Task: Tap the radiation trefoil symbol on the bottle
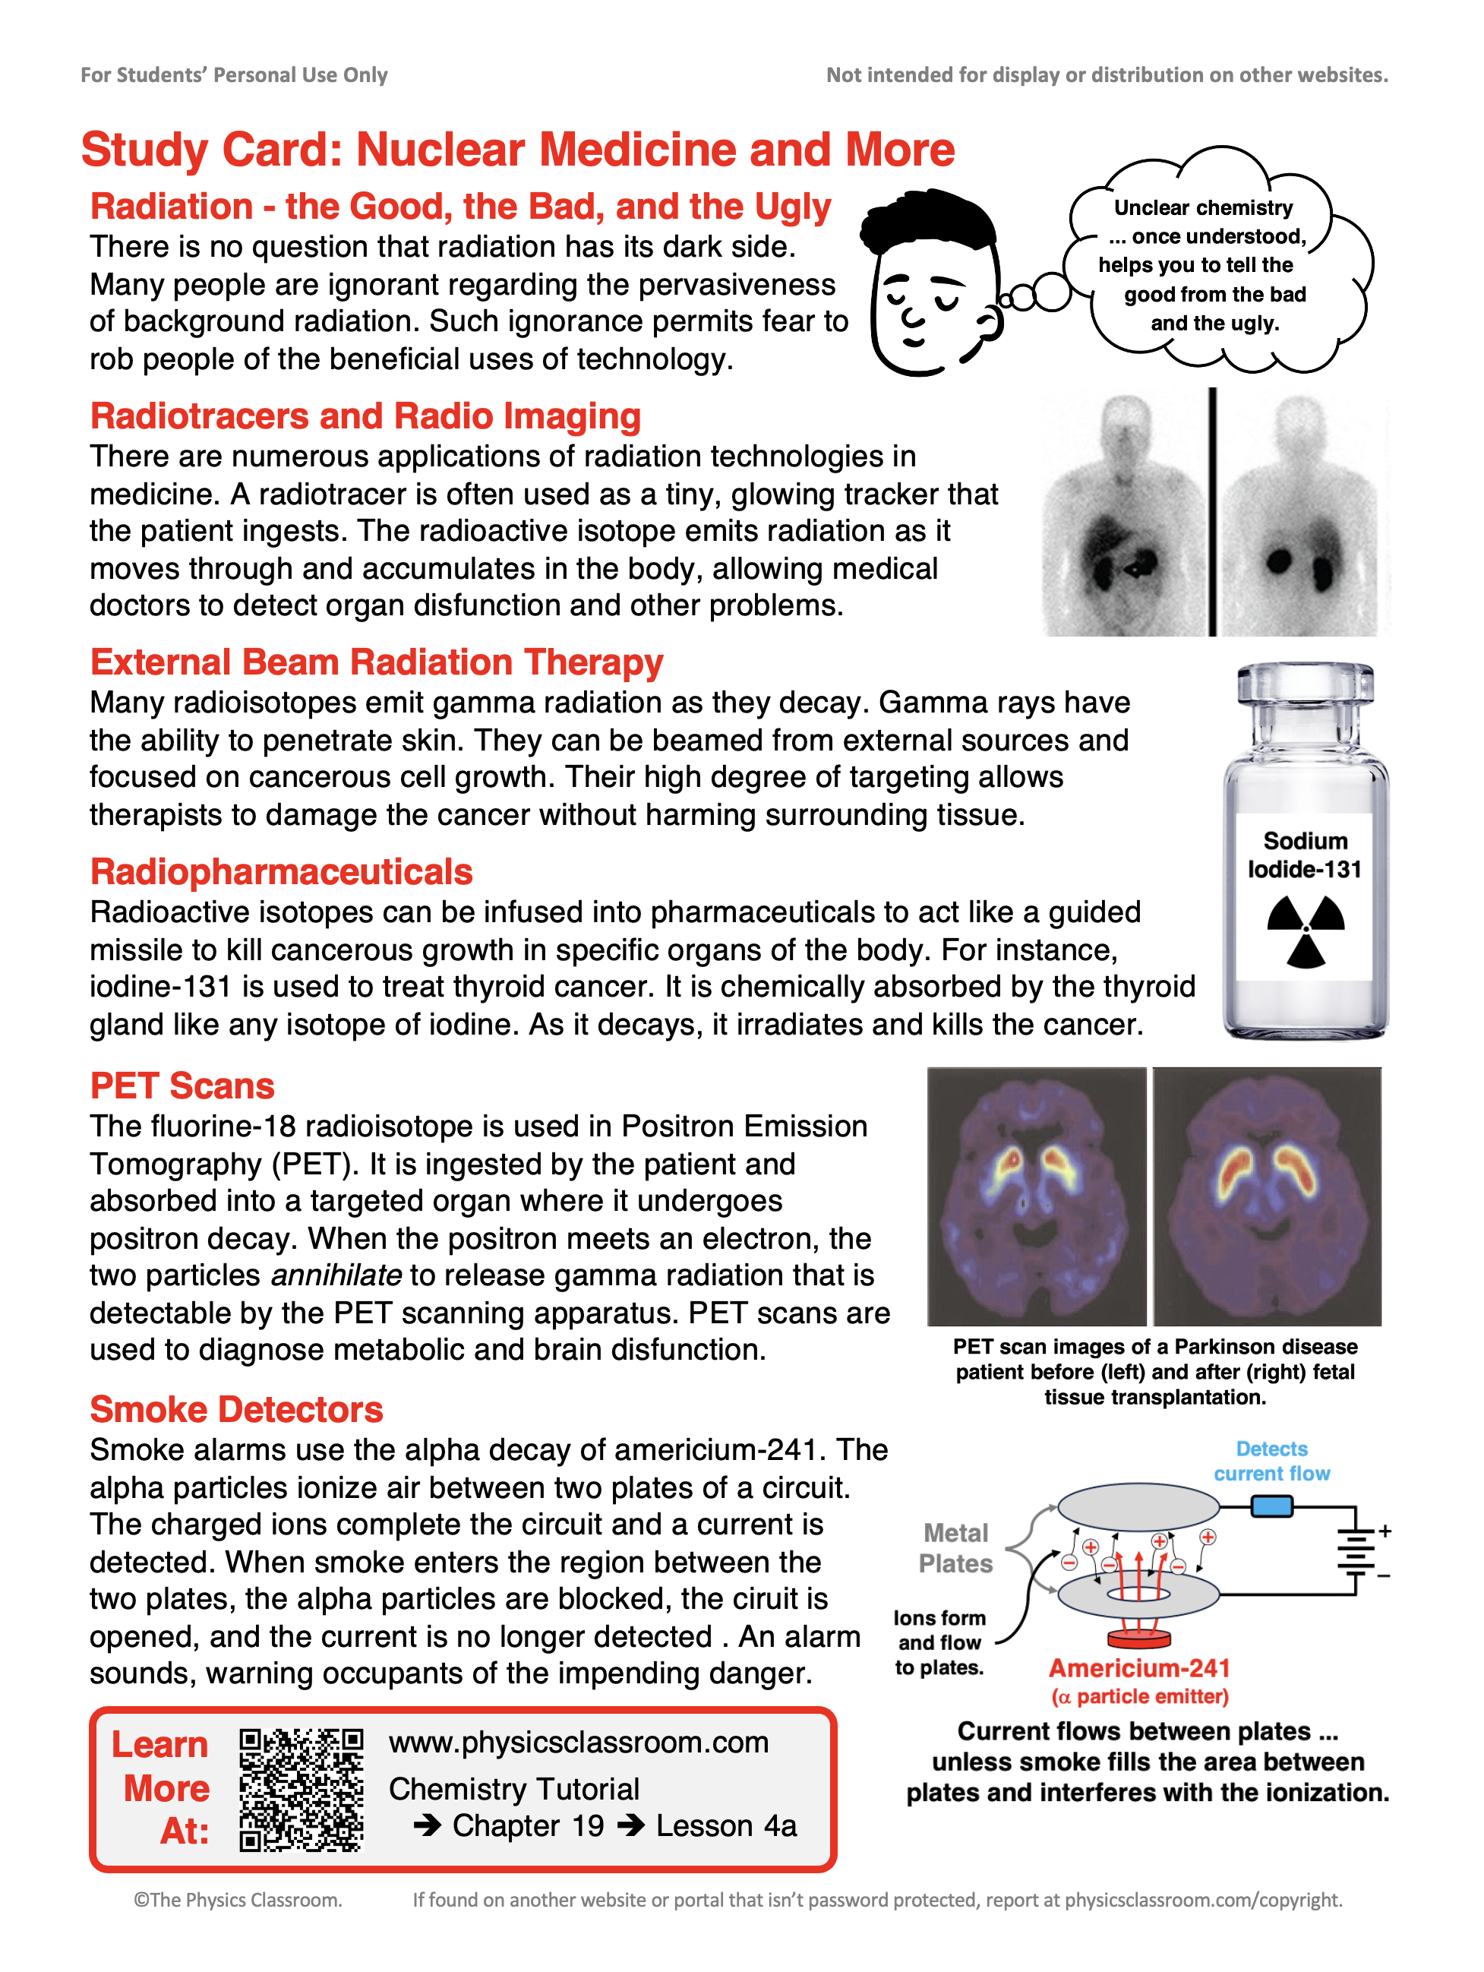point(1306,931)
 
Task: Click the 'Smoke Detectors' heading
point(236,1409)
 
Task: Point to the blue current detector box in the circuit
point(1272,1506)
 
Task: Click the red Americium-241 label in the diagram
point(1139,1668)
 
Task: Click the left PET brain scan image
point(1037,1196)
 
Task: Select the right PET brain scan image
point(1267,1196)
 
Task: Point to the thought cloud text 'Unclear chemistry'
point(1203,207)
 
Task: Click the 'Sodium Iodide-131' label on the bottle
point(1305,855)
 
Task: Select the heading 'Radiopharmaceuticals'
point(281,872)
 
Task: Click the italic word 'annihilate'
point(336,1275)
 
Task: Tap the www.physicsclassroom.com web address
point(579,1742)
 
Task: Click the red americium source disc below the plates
point(1138,1639)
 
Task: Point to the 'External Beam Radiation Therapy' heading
point(376,662)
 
